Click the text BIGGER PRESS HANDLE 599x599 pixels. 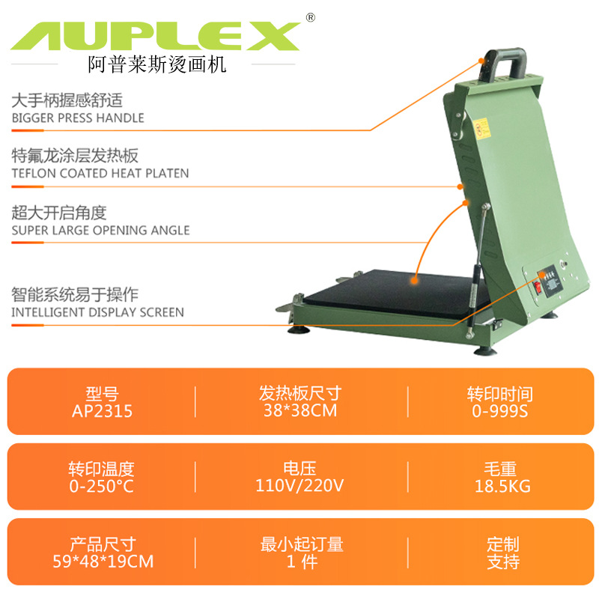tap(78, 118)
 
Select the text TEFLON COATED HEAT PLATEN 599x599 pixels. tap(100, 173)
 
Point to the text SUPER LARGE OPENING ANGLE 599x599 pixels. tap(100, 230)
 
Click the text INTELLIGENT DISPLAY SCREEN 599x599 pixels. tap(97, 311)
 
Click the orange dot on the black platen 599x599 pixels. tap(414, 278)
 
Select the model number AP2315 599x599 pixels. tap(103, 411)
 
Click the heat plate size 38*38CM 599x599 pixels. tap(300, 411)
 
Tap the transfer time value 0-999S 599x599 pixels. tap(500, 411)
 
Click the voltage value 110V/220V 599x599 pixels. tap(299, 486)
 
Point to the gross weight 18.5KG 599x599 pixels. tap(501, 486)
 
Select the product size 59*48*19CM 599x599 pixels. tap(102, 561)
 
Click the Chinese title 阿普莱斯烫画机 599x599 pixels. tap(157, 65)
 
